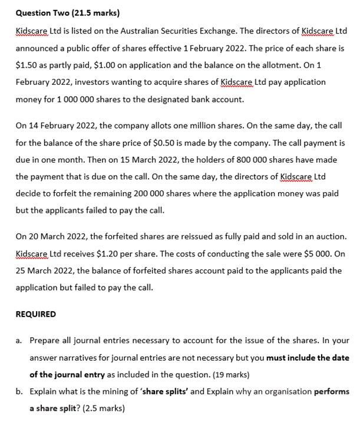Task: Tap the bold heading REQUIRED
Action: [36, 314]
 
